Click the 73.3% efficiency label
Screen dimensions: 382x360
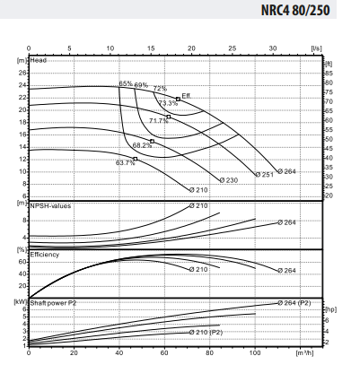point(168,103)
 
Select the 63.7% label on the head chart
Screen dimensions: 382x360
point(125,163)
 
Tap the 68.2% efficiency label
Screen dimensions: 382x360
point(142,145)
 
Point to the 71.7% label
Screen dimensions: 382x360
point(158,120)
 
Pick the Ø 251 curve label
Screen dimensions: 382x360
point(263,174)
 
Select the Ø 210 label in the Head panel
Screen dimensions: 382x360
point(199,190)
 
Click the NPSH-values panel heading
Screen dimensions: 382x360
point(50,206)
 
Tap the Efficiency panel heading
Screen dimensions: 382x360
point(46,255)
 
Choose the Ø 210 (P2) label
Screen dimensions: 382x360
point(206,332)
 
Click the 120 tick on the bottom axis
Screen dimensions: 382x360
point(301,353)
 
